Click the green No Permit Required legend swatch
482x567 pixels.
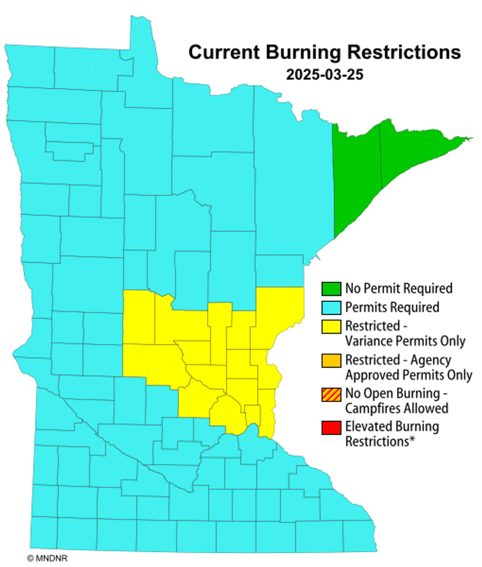point(331,288)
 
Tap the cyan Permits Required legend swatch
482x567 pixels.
point(331,308)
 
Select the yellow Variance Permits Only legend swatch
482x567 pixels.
point(331,327)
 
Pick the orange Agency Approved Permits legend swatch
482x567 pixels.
point(331,360)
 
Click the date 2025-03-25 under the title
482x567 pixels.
point(325,75)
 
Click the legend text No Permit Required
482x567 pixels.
point(398,288)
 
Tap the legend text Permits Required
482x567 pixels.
point(392,308)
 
